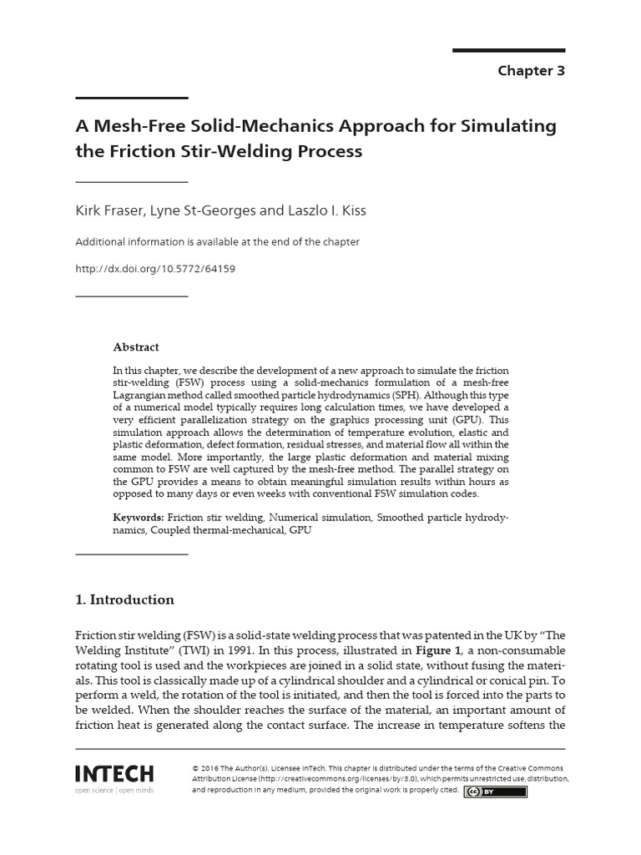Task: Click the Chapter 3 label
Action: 531,71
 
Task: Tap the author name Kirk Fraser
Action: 109,210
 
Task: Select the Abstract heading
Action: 135,347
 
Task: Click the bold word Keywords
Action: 139,518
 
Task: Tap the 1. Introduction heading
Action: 124,600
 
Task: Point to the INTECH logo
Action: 114,772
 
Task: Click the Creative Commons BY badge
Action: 496,792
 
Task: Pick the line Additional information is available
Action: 217,242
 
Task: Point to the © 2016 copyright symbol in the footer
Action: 195,767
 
